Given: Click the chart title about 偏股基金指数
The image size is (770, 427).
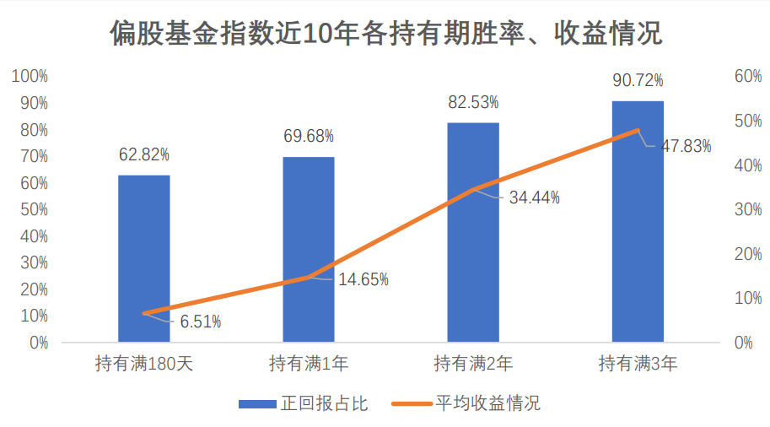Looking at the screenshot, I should [385, 34].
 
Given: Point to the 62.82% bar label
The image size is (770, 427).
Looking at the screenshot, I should [144, 154].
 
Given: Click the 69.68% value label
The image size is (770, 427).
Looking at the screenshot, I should [309, 136].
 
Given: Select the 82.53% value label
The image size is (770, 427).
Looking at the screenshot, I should [473, 102].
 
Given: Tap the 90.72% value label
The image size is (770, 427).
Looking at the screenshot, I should [638, 80].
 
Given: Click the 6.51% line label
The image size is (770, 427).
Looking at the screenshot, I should [201, 322].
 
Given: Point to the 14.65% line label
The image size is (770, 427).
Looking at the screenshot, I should [363, 279].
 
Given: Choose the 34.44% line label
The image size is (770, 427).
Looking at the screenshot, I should [535, 198].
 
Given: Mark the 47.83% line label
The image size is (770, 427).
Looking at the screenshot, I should [686, 146].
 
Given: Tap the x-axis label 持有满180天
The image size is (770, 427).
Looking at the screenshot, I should [144, 364].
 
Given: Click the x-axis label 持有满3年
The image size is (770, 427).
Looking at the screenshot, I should [638, 364].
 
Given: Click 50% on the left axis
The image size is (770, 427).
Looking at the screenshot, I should [33, 210].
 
